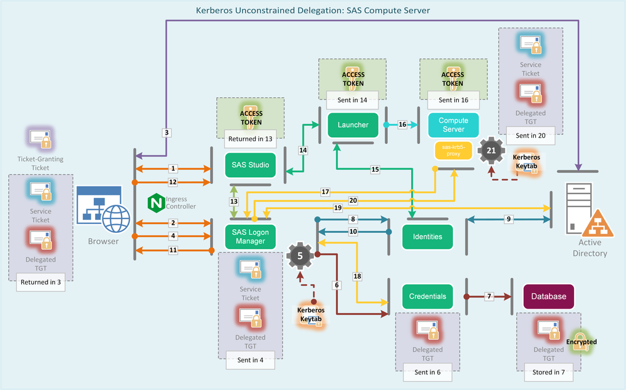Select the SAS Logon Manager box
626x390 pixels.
point(250,235)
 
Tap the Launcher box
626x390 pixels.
point(353,125)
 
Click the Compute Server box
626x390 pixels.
point(452,125)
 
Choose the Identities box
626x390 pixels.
point(427,237)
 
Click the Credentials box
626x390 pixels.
point(427,296)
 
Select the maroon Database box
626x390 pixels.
point(549,296)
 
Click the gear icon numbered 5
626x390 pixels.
point(300,255)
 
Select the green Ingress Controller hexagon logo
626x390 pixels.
point(155,203)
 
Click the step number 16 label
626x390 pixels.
point(402,125)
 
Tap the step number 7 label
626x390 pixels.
point(489,295)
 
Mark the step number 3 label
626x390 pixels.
point(167,133)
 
